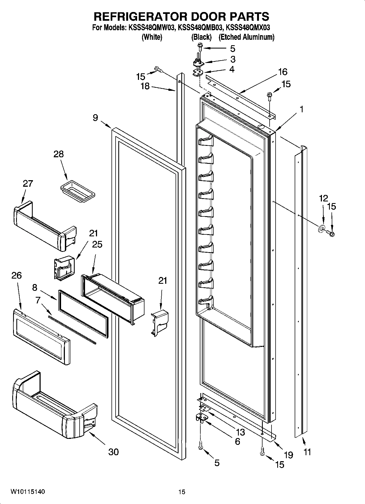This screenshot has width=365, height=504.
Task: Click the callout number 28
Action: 59,154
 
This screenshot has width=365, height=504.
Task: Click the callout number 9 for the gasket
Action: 95,118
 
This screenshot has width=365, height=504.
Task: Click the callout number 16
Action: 283,72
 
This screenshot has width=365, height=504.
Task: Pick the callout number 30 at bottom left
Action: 113,452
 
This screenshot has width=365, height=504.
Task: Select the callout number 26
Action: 16,276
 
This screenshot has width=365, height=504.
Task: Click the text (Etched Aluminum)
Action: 246,37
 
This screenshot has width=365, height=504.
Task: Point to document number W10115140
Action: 28,492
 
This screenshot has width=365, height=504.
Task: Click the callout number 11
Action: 307,452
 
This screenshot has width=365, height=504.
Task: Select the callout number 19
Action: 288,455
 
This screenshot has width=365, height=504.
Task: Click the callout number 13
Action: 240,432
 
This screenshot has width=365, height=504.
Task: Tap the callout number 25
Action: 97,244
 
